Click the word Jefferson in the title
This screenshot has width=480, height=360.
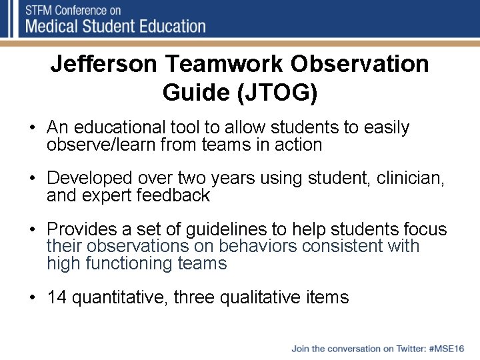click(104, 65)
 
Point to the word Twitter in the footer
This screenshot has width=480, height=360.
click(408, 349)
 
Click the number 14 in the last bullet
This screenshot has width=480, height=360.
click(57, 297)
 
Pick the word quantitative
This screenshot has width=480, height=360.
click(119, 297)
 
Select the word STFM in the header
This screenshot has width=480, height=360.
click(41, 11)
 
